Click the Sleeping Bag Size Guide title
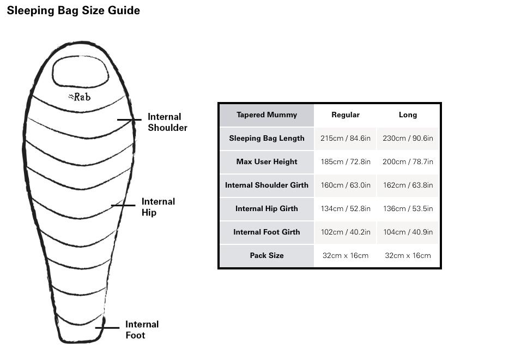coord(74,11)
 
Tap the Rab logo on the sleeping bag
coord(80,97)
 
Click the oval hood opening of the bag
coord(80,71)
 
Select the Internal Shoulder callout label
coord(167,122)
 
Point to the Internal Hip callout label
coord(158,207)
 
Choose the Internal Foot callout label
coord(142,329)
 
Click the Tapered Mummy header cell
coord(266,115)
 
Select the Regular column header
coord(346,115)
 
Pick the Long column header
coord(408,115)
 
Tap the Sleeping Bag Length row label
coord(266,138)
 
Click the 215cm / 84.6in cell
coord(346,138)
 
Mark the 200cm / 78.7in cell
coord(408,161)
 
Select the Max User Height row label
coord(266,161)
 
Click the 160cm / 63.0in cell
coord(346,185)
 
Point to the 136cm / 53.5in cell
coord(408,208)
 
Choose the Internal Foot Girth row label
coord(266,232)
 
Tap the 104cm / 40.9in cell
coord(408,232)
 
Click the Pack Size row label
coord(266,255)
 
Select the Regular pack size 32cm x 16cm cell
coord(346,255)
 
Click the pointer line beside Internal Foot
coord(107,327)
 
